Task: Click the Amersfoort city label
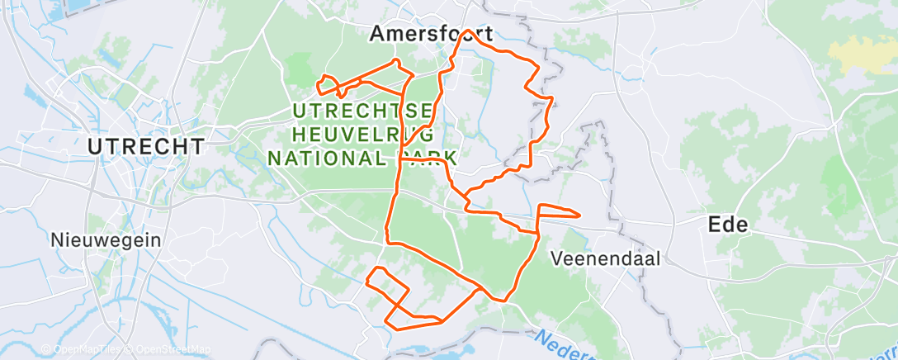pos(431,34)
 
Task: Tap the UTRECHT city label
pos(146,147)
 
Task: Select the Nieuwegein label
pos(105,239)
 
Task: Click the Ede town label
pos(728,225)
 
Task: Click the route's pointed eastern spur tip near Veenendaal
pos(579,216)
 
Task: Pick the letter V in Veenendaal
pos(556,258)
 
